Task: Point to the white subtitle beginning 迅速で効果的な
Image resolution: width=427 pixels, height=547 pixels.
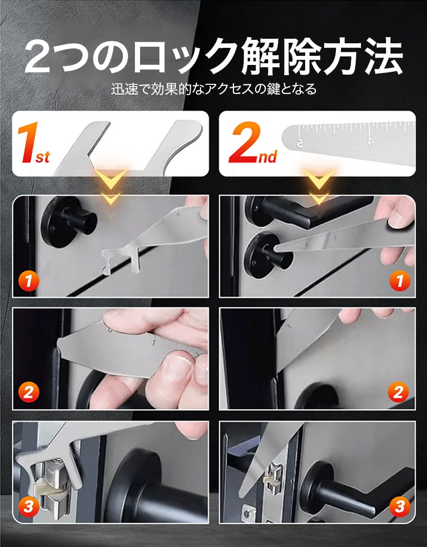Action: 213,89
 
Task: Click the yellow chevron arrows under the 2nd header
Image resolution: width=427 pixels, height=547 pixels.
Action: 319,185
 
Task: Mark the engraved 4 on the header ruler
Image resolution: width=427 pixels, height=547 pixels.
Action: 370,140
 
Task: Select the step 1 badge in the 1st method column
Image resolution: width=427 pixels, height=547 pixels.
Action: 28,280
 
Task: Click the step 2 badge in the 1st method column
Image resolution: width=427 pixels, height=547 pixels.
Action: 28,393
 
